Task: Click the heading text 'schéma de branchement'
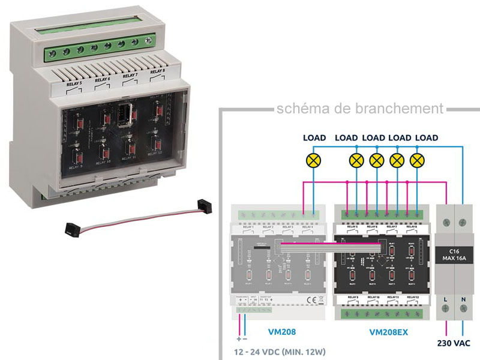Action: coord(359,109)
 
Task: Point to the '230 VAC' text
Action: coord(455,344)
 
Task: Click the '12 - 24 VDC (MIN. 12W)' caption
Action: coord(284,354)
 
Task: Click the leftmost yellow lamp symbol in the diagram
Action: coord(313,160)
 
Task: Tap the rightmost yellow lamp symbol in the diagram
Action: coord(416,160)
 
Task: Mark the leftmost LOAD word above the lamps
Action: coord(314,138)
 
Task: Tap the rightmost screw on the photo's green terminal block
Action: coord(149,41)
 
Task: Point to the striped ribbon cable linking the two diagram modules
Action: coord(330,247)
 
